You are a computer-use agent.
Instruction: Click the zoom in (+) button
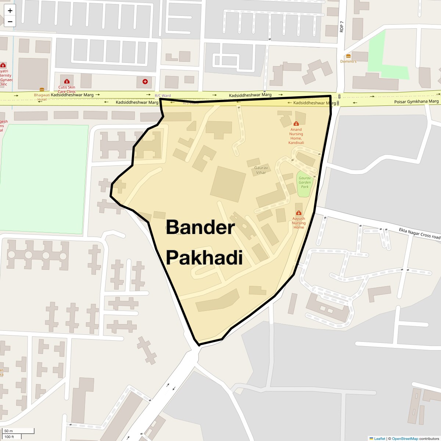click(10, 11)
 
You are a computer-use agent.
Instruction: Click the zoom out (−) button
click(10, 22)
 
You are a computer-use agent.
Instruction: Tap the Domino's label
click(348, 61)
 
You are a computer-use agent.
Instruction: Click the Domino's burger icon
click(348, 56)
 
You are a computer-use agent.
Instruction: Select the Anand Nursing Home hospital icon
click(296, 124)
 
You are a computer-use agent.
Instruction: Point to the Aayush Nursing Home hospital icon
click(298, 213)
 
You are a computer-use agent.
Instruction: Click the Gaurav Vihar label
click(261, 170)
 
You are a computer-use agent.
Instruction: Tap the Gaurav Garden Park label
click(305, 182)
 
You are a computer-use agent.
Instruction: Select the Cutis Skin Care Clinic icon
click(67, 81)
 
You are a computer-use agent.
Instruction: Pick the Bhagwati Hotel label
click(42, 97)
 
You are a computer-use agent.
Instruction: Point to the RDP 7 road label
click(341, 26)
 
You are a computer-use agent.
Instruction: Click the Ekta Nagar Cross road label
click(419, 233)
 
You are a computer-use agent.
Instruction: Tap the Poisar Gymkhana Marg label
click(416, 101)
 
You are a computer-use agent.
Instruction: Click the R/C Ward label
click(162, 96)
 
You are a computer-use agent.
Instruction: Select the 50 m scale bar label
click(9, 431)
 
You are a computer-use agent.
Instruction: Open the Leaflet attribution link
click(379, 438)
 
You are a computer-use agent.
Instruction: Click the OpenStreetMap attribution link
click(405, 438)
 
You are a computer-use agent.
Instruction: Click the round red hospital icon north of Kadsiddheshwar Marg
click(145, 82)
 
